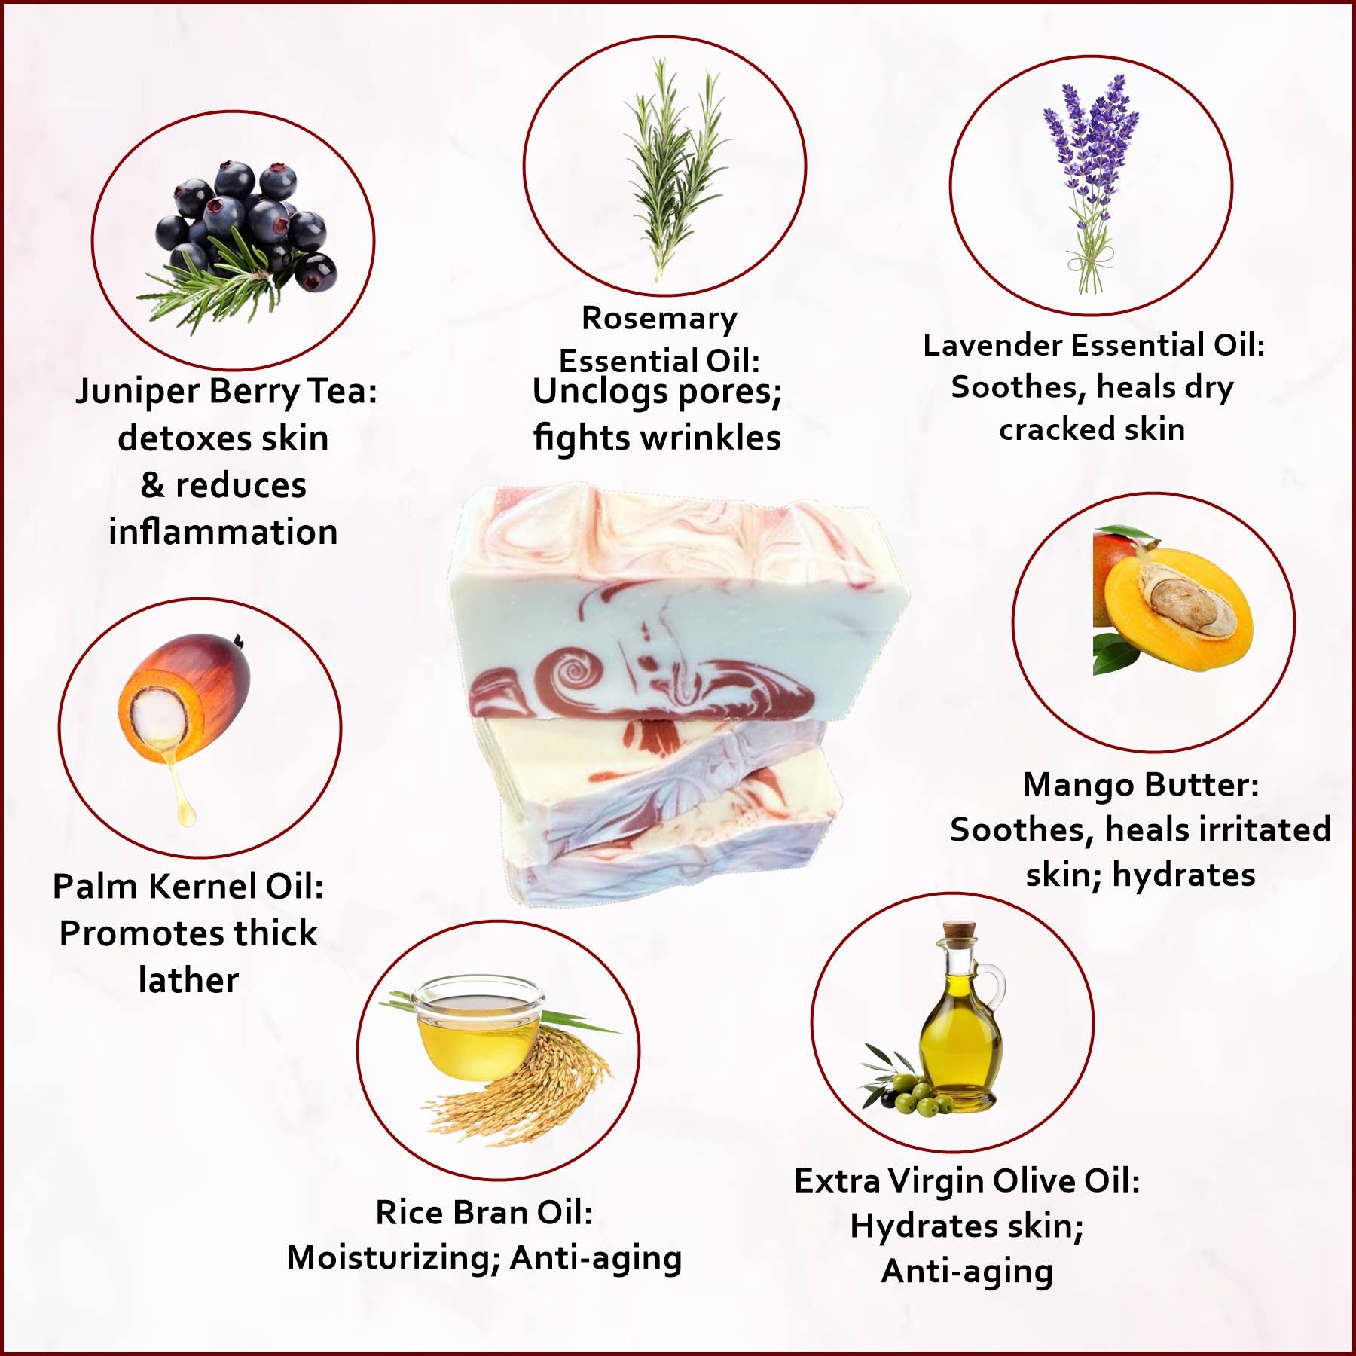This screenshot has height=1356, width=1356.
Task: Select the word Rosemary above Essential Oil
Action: click(x=659, y=319)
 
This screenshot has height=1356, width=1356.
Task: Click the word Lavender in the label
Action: click(x=993, y=345)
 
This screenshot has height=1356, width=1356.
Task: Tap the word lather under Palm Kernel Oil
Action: click(x=188, y=980)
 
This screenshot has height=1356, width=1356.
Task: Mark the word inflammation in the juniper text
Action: click(x=223, y=532)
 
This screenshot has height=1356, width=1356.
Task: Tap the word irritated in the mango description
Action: click(x=1218, y=829)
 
